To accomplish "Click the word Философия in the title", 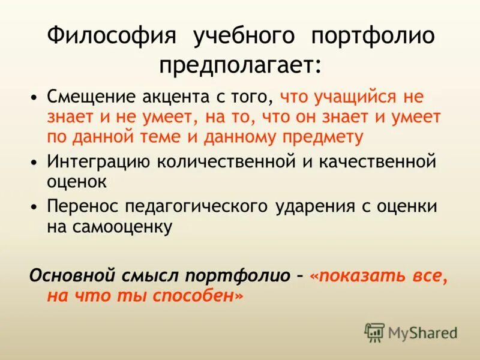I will [x=112, y=35].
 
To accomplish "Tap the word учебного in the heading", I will [x=244, y=35].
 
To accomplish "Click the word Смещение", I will [x=94, y=97].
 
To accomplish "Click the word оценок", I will [x=77, y=181].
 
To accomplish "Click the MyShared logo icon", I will [x=374, y=331].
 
